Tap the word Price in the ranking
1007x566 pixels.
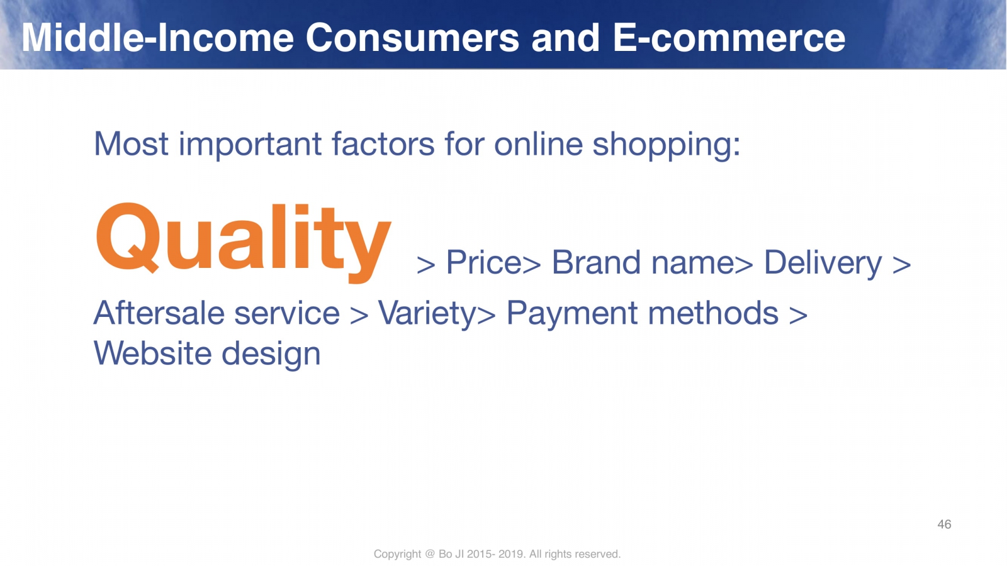coord(484,262)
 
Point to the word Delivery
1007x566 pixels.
coord(823,264)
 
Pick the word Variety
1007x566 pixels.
coord(427,314)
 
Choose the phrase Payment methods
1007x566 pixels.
coord(643,314)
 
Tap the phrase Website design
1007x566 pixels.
coord(207,354)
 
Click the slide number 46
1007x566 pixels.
coord(944,524)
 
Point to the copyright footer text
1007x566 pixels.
coord(497,554)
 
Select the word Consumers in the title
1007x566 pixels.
coord(413,38)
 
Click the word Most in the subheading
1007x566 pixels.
coord(132,144)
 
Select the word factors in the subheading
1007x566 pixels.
coord(383,144)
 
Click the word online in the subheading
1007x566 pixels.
coord(539,144)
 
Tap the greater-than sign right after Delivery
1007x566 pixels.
coord(902,264)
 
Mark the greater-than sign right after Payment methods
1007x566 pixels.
coord(799,314)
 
